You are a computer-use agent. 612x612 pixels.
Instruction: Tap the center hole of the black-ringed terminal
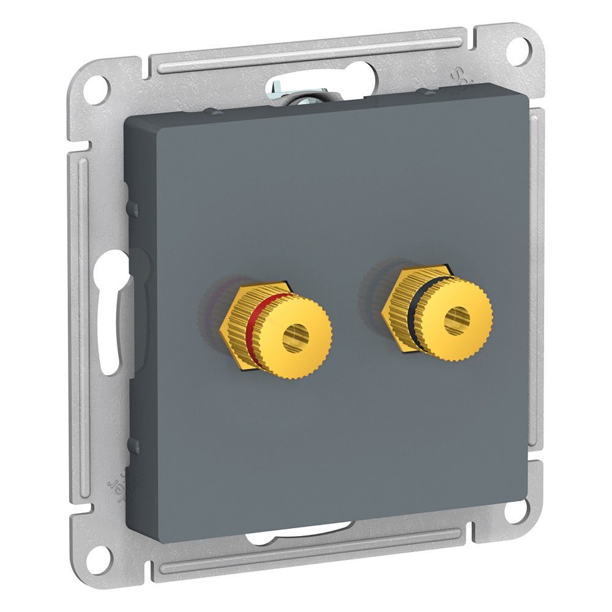[458, 319]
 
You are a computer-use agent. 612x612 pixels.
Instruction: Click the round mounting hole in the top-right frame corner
[520, 46]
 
